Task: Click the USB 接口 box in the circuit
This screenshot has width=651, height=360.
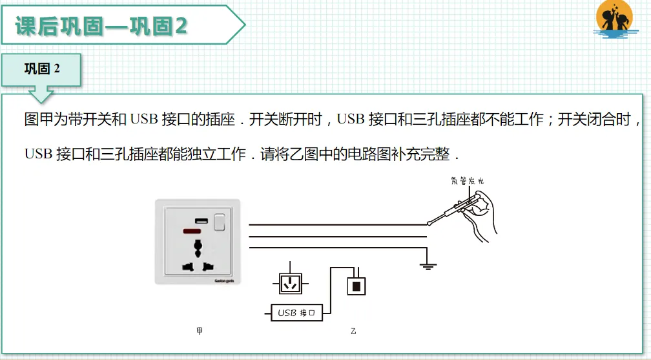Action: tap(296, 313)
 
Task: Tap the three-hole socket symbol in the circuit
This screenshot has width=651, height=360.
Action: tap(290, 284)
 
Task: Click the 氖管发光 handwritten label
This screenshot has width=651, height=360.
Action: tap(468, 181)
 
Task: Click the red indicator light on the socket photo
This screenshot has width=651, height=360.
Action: tap(192, 231)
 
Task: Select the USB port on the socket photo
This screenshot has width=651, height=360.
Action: tap(201, 221)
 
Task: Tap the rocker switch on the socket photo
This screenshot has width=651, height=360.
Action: tap(220, 222)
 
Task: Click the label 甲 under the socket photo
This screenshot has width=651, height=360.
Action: tap(200, 331)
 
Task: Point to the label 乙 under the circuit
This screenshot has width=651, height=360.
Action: tap(353, 332)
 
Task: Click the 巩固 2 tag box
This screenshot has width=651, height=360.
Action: tap(41, 69)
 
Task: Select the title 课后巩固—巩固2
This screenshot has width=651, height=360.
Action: tap(101, 26)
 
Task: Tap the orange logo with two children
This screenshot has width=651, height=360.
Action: tap(615, 19)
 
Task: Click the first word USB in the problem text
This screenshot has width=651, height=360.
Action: tap(143, 120)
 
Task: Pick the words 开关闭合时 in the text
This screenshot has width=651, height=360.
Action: tap(594, 120)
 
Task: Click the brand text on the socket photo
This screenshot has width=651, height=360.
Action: tap(224, 281)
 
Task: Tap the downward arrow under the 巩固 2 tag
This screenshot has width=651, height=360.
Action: tap(41, 94)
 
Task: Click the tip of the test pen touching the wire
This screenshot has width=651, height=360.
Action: tap(428, 224)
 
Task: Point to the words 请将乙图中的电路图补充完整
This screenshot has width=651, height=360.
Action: tap(355, 154)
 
